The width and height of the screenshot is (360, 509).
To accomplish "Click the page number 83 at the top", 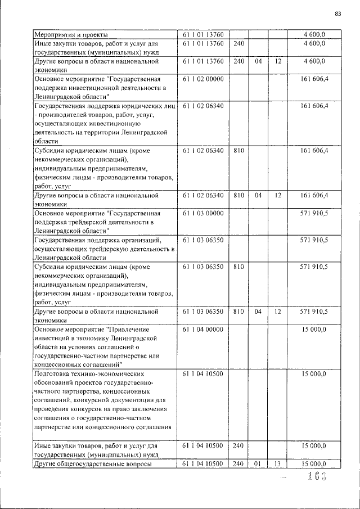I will click(x=338, y=13).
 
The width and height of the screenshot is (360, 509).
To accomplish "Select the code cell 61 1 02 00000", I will click(x=203, y=79).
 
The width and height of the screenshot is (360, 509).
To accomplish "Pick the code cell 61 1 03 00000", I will click(x=203, y=213).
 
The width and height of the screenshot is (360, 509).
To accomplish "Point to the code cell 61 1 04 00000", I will click(x=203, y=329).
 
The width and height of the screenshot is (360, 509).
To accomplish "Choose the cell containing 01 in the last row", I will click(x=258, y=463).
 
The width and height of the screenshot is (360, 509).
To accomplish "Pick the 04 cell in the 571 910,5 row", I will click(x=258, y=311).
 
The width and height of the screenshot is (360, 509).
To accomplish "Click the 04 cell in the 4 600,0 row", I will click(x=258, y=61).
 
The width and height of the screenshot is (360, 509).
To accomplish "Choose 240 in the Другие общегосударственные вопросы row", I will click(x=238, y=463).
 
